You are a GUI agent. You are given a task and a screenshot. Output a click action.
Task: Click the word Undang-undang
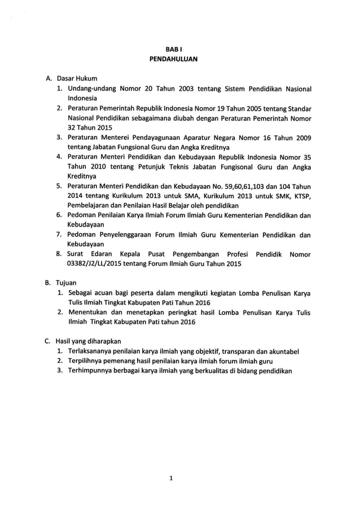pos(91,89)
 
